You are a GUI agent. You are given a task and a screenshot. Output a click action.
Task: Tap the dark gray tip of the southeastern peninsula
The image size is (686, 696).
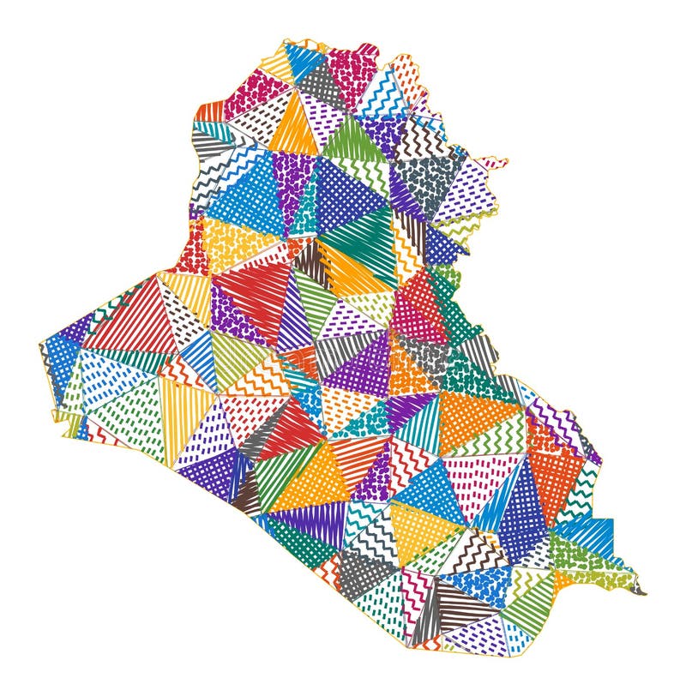(639, 591)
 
